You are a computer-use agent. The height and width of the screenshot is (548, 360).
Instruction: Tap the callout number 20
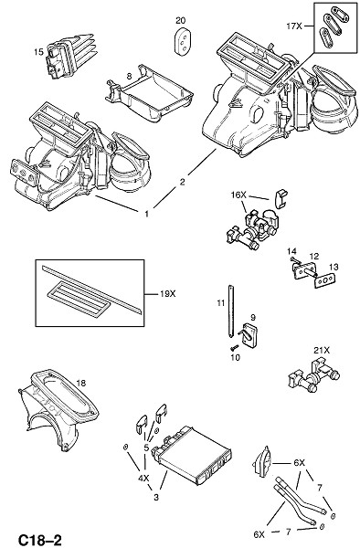pyautogui.click(x=180, y=21)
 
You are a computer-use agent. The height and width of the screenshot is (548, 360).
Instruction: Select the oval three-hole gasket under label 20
pyautogui.click(x=184, y=42)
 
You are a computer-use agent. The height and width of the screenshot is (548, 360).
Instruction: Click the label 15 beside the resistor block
pyautogui.click(x=38, y=52)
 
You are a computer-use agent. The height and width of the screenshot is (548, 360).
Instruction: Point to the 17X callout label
pyautogui.click(x=294, y=26)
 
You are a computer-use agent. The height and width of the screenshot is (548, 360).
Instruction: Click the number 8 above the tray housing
pyautogui.click(x=129, y=76)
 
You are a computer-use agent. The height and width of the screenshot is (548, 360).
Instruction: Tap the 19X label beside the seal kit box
pyautogui.click(x=168, y=294)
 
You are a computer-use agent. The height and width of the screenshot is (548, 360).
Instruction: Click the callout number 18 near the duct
pyautogui.click(x=80, y=384)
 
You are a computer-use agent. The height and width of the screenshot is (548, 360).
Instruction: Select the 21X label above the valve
pyautogui.click(x=322, y=350)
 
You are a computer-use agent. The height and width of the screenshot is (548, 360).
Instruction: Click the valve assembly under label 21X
pyautogui.click(x=313, y=376)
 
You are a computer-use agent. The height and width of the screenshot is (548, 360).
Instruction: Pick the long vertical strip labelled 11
pyautogui.click(x=230, y=311)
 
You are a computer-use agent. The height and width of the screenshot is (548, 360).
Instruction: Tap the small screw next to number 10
pyautogui.click(x=234, y=347)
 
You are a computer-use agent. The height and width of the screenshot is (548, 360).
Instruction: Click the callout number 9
pyautogui.click(x=253, y=318)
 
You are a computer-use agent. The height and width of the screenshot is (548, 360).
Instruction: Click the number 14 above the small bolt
pyautogui.click(x=291, y=251)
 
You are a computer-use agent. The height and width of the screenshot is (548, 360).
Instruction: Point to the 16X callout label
pyautogui.click(x=238, y=195)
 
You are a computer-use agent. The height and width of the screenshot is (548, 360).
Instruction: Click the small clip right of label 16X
pyautogui.click(x=280, y=198)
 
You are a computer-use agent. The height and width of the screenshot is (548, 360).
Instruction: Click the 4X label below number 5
pyautogui.click(x=143, y=478)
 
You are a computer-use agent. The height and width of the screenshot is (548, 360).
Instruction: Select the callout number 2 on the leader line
pyautogui.click(x=182, y=182)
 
